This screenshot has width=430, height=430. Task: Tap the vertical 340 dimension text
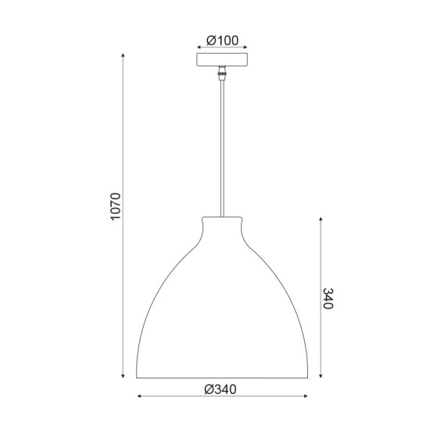[329, 298]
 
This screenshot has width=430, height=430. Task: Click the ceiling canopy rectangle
[222, 61]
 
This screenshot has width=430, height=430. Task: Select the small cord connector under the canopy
[222, 75]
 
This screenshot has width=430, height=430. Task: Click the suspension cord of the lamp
[222, 149]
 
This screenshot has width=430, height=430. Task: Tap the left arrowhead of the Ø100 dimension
[198, 48]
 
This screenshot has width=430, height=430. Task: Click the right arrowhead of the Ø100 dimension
[246, 48]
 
